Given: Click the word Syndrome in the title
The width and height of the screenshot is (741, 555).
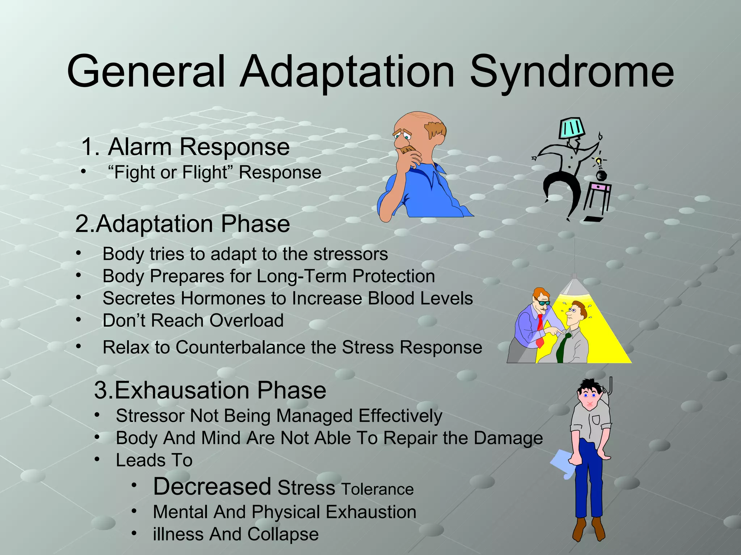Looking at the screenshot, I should click(x=572, y=72).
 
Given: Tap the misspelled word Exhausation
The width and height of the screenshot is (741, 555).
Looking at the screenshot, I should click(x=181, y=390).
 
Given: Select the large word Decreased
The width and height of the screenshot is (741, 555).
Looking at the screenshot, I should click(x=212, y=486).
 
